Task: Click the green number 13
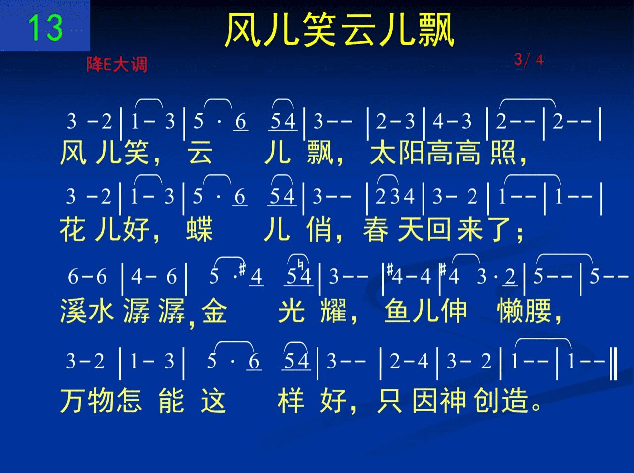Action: click(x=46, y=28)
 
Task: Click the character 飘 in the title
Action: click(x=436, y=30)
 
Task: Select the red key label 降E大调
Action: click(x=117, y=64)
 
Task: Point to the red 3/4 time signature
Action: click(x=528, y=60)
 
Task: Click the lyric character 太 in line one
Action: click(x=383, y=153)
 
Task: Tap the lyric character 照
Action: click(x=503, y=153)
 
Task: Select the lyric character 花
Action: click(x=73, y=229)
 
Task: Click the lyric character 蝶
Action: click(x=200, y=229)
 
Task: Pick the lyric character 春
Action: click(x=376, y=229)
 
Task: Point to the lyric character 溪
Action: click(x=73, y=311)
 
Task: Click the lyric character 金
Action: click(x=214, y=311)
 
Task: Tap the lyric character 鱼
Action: click(x=397, y=311)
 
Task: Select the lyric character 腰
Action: click(x=538, y=311)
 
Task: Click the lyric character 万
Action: click(x=73, y=400)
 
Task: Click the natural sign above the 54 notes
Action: click(x=300, y=264)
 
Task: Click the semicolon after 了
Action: click(x=520, y=234)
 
